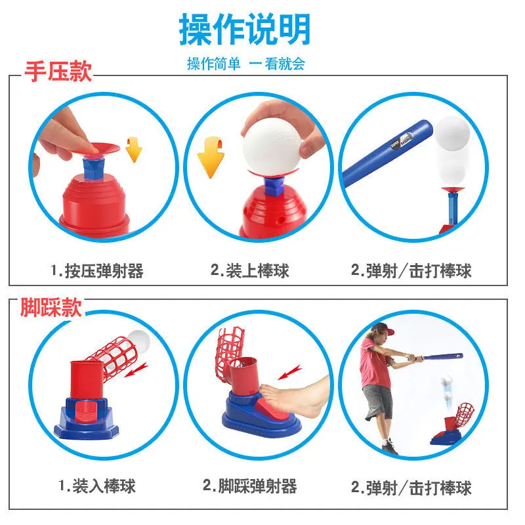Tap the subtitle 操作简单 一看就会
click(245, 64)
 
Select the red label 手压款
click(58, 72)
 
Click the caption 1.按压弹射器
click(97, 270)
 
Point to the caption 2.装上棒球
click(249, 270)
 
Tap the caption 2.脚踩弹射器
click(249, 486)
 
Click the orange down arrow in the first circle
click(134, 150)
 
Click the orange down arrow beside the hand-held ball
click(211, 157)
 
